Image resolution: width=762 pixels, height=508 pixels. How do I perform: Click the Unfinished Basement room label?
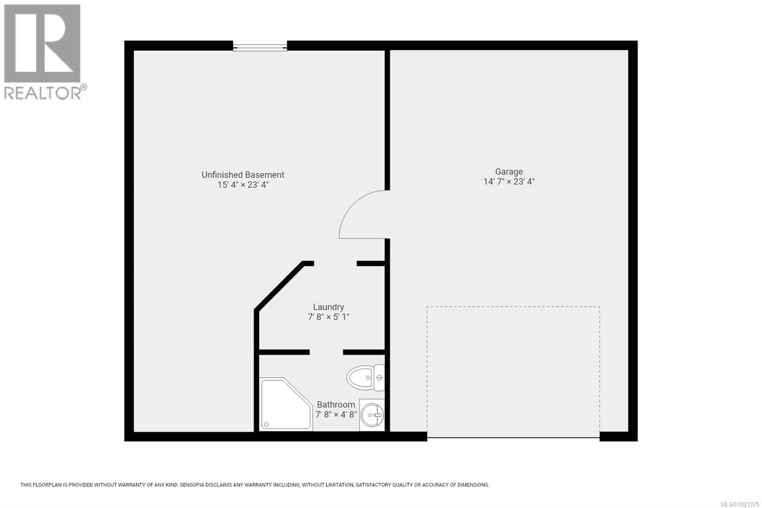pos(242,175)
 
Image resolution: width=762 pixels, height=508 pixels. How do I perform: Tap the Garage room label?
pos(509,172)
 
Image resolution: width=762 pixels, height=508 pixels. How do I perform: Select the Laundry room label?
pos(328,307)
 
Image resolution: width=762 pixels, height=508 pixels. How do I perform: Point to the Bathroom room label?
pos(336,405)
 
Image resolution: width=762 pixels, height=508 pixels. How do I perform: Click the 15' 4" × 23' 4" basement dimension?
pos(243,185)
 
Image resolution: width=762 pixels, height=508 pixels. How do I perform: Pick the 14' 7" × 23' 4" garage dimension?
pos(509,182)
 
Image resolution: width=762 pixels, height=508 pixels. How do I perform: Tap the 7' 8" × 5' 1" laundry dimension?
pos(328,317)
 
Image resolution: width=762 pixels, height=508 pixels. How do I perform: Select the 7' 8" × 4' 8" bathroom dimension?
pos(336,415)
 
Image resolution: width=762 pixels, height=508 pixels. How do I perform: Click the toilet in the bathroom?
pos(365,378)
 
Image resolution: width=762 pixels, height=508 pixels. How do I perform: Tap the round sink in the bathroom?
pos(372,415)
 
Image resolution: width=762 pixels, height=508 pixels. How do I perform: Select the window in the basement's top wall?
pos(260,47)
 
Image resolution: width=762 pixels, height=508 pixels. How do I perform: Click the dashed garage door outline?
pos(513,307)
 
